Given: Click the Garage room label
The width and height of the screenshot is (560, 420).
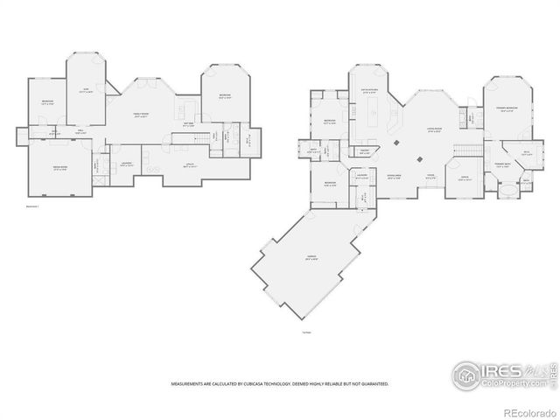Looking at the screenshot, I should pyautogui.click(x=311, y=256).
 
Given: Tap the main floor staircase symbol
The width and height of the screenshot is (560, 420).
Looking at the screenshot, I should pyautogui.click(x=469, y=150).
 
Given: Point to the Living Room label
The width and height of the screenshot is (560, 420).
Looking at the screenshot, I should pyautogui.click(x=432, y=129).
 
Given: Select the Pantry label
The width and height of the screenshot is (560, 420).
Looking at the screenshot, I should pyautogui.click(x=364, y=151).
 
